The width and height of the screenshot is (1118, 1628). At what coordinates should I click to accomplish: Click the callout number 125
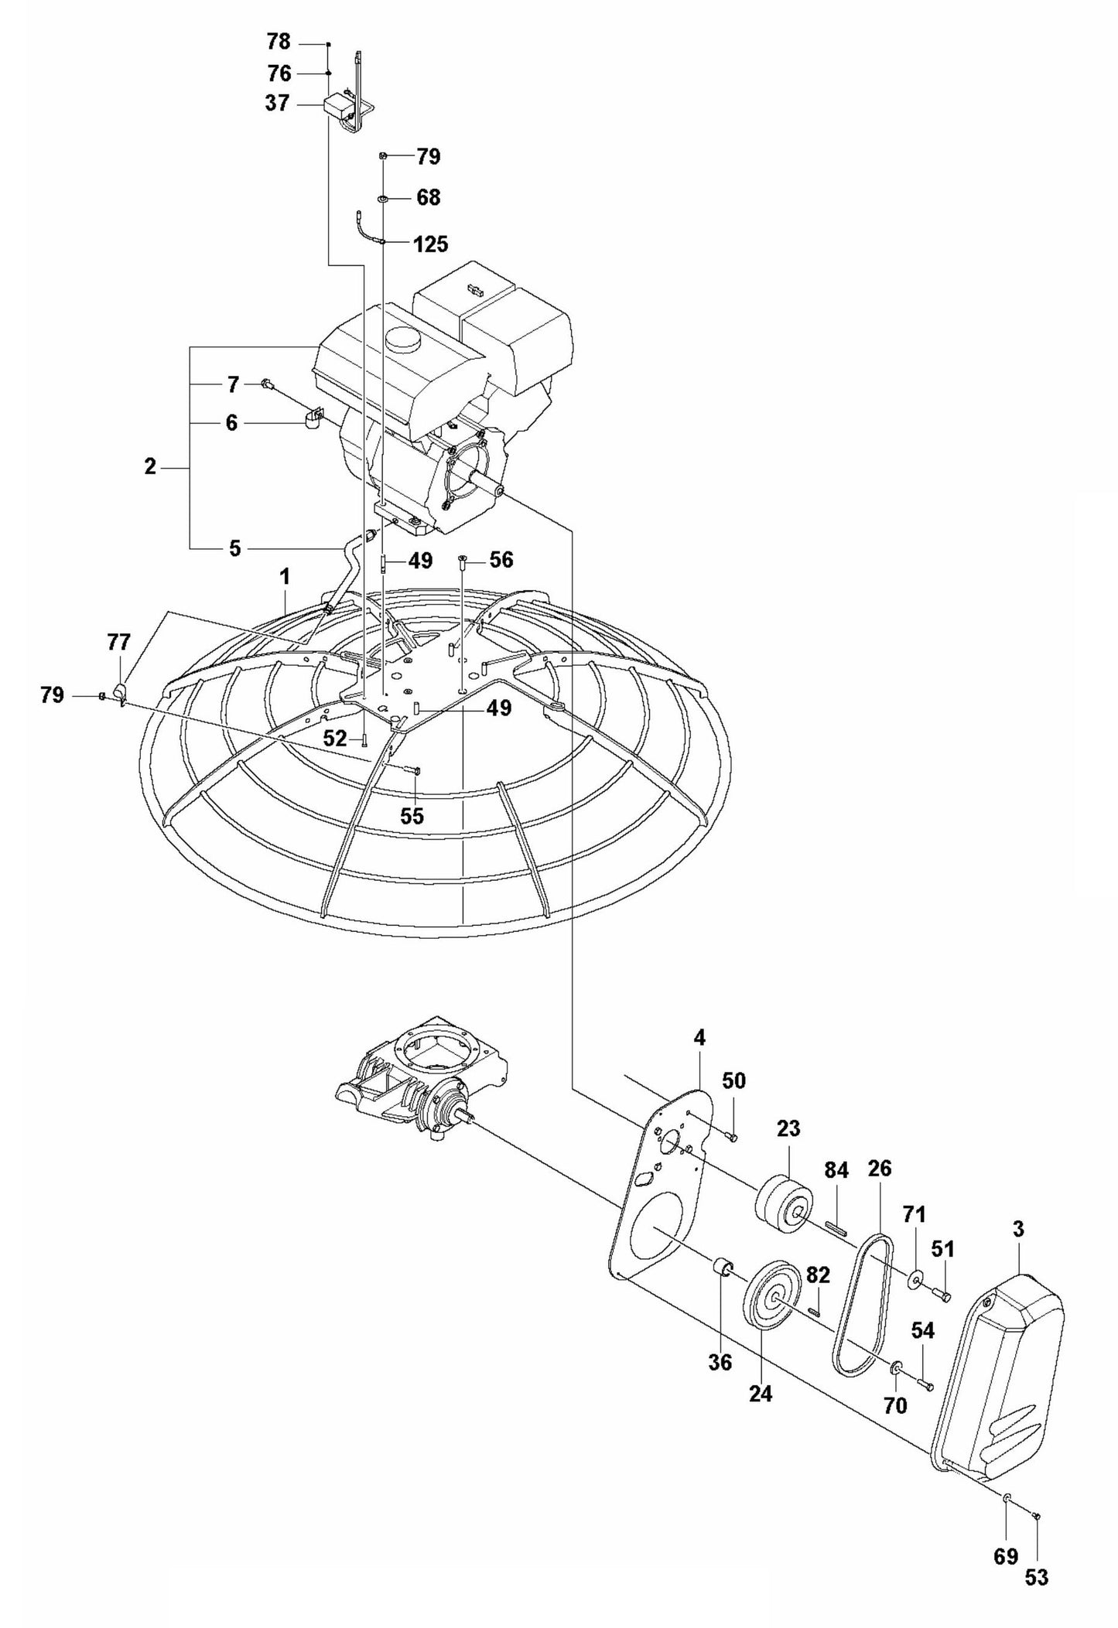(431, 244)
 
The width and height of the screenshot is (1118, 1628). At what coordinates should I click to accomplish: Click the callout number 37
(277, 104)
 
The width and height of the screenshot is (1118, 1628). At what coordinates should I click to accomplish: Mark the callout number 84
(836, 1170)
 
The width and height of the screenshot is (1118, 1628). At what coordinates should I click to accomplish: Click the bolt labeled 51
(942, 1295)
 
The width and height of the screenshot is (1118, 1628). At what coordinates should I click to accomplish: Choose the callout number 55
(412, 816)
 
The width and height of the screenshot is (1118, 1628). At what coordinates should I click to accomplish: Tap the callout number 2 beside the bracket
(150, 467)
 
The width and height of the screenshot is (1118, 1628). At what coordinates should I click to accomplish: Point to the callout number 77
(118, 642)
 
